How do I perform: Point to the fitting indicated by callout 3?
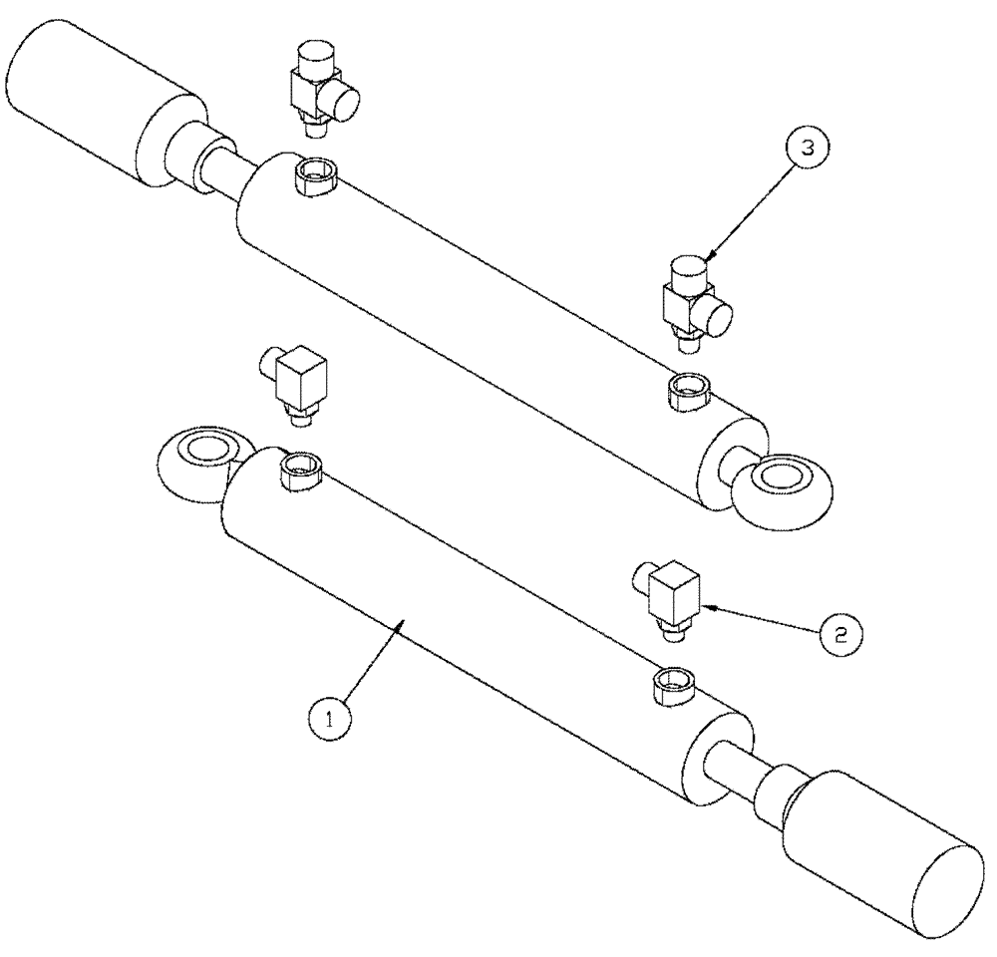pos(694,303)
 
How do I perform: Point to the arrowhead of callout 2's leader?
pos(705,604)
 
